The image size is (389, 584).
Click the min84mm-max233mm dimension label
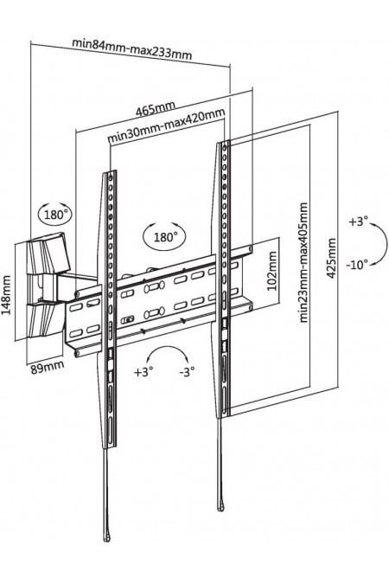click(x=132, y=48)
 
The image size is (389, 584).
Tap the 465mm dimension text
click(x=156, y=108)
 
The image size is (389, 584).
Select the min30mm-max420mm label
click(x=166, y=125)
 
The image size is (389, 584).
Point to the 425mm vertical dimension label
click(x=331, y=258)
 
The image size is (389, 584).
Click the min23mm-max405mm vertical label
click(x=304, y=262)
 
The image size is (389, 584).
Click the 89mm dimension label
click(x=47, y=367)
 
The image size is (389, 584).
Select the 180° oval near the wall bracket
click(x=55, y=215)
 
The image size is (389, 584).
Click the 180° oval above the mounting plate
click(x=164, y=237)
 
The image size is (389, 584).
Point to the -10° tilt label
click(x=357, y=265)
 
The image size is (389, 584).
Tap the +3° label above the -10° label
click(x=358, y=222)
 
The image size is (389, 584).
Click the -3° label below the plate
click(x=188, y=371)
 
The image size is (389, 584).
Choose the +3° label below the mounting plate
click(x=143, y=372)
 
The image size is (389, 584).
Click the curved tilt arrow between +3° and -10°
click(x=386, y=244)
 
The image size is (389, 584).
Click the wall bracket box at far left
click(x=48, y=286)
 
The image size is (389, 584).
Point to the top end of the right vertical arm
click(x=224, y=142)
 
